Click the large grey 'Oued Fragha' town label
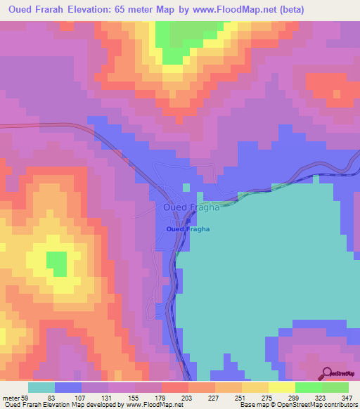click(x=191, y=207)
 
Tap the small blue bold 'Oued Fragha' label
click(x=188, y=230)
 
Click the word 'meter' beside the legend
click(x=10, y=399)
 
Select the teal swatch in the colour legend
click(x=41, y=387)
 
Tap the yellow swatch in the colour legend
click(x=282, y=387)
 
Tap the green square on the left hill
click(x=56, y=264)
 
